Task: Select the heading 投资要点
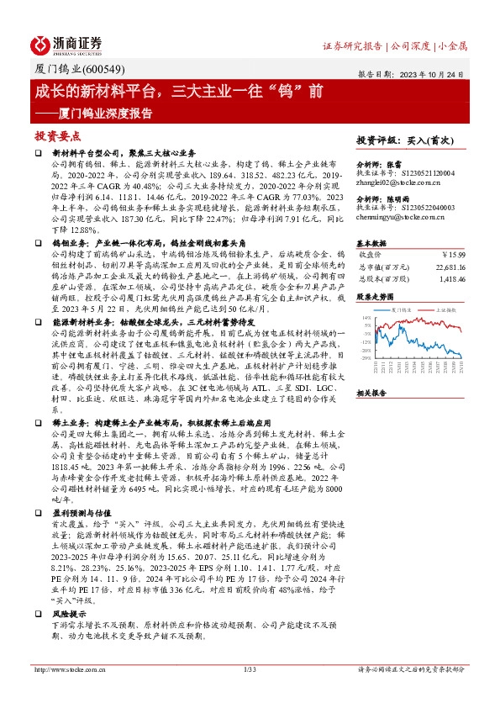[x=58, y=135]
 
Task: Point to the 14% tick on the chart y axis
[x=367, y=317]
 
